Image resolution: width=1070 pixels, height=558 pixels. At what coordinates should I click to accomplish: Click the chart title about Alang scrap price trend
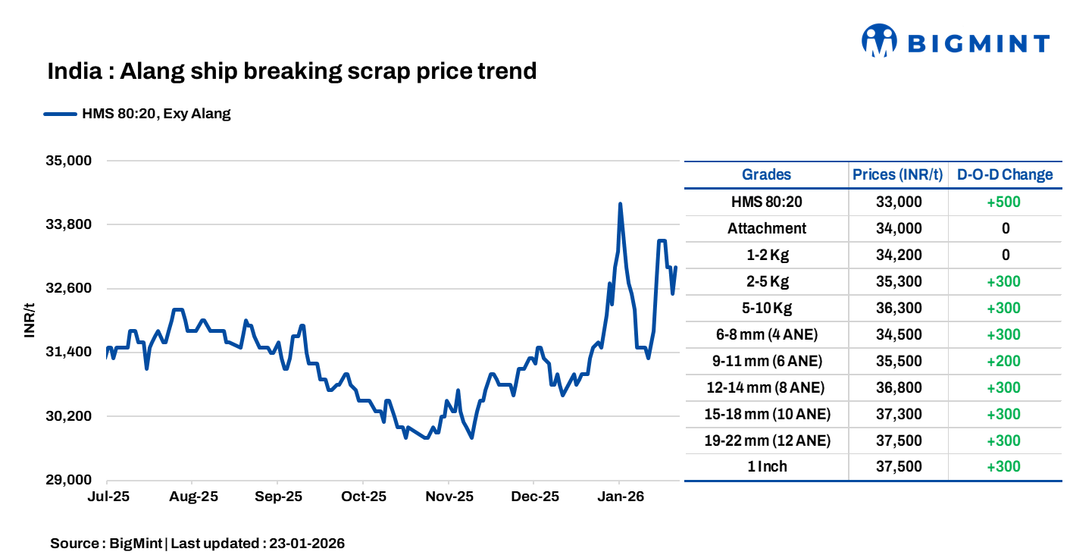292,71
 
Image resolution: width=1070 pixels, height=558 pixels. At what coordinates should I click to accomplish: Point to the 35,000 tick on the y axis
69,161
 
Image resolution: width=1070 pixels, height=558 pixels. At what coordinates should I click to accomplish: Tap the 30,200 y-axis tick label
69,416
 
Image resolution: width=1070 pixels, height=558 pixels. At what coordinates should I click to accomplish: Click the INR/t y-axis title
30,321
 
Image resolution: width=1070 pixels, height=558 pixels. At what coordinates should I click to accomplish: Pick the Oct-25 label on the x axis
363,497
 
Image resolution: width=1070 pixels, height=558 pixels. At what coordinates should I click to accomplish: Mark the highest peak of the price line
620,204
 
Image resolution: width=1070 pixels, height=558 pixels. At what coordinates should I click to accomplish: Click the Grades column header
766,174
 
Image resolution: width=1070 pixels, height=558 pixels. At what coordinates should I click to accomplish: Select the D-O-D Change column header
1005,174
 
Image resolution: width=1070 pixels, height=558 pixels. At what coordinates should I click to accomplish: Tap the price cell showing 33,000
898,202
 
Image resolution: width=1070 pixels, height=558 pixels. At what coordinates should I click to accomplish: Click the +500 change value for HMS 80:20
1005,202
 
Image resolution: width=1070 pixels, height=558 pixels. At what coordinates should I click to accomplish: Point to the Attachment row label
766,228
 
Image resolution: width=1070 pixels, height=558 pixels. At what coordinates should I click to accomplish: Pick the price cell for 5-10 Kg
898,308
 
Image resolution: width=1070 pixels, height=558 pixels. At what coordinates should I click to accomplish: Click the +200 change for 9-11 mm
1005,361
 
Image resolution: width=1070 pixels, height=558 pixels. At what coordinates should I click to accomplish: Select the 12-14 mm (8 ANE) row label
766,387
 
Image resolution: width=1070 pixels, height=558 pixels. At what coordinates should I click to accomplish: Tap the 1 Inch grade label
766,467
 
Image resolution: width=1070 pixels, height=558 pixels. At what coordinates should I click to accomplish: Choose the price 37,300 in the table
898,414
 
